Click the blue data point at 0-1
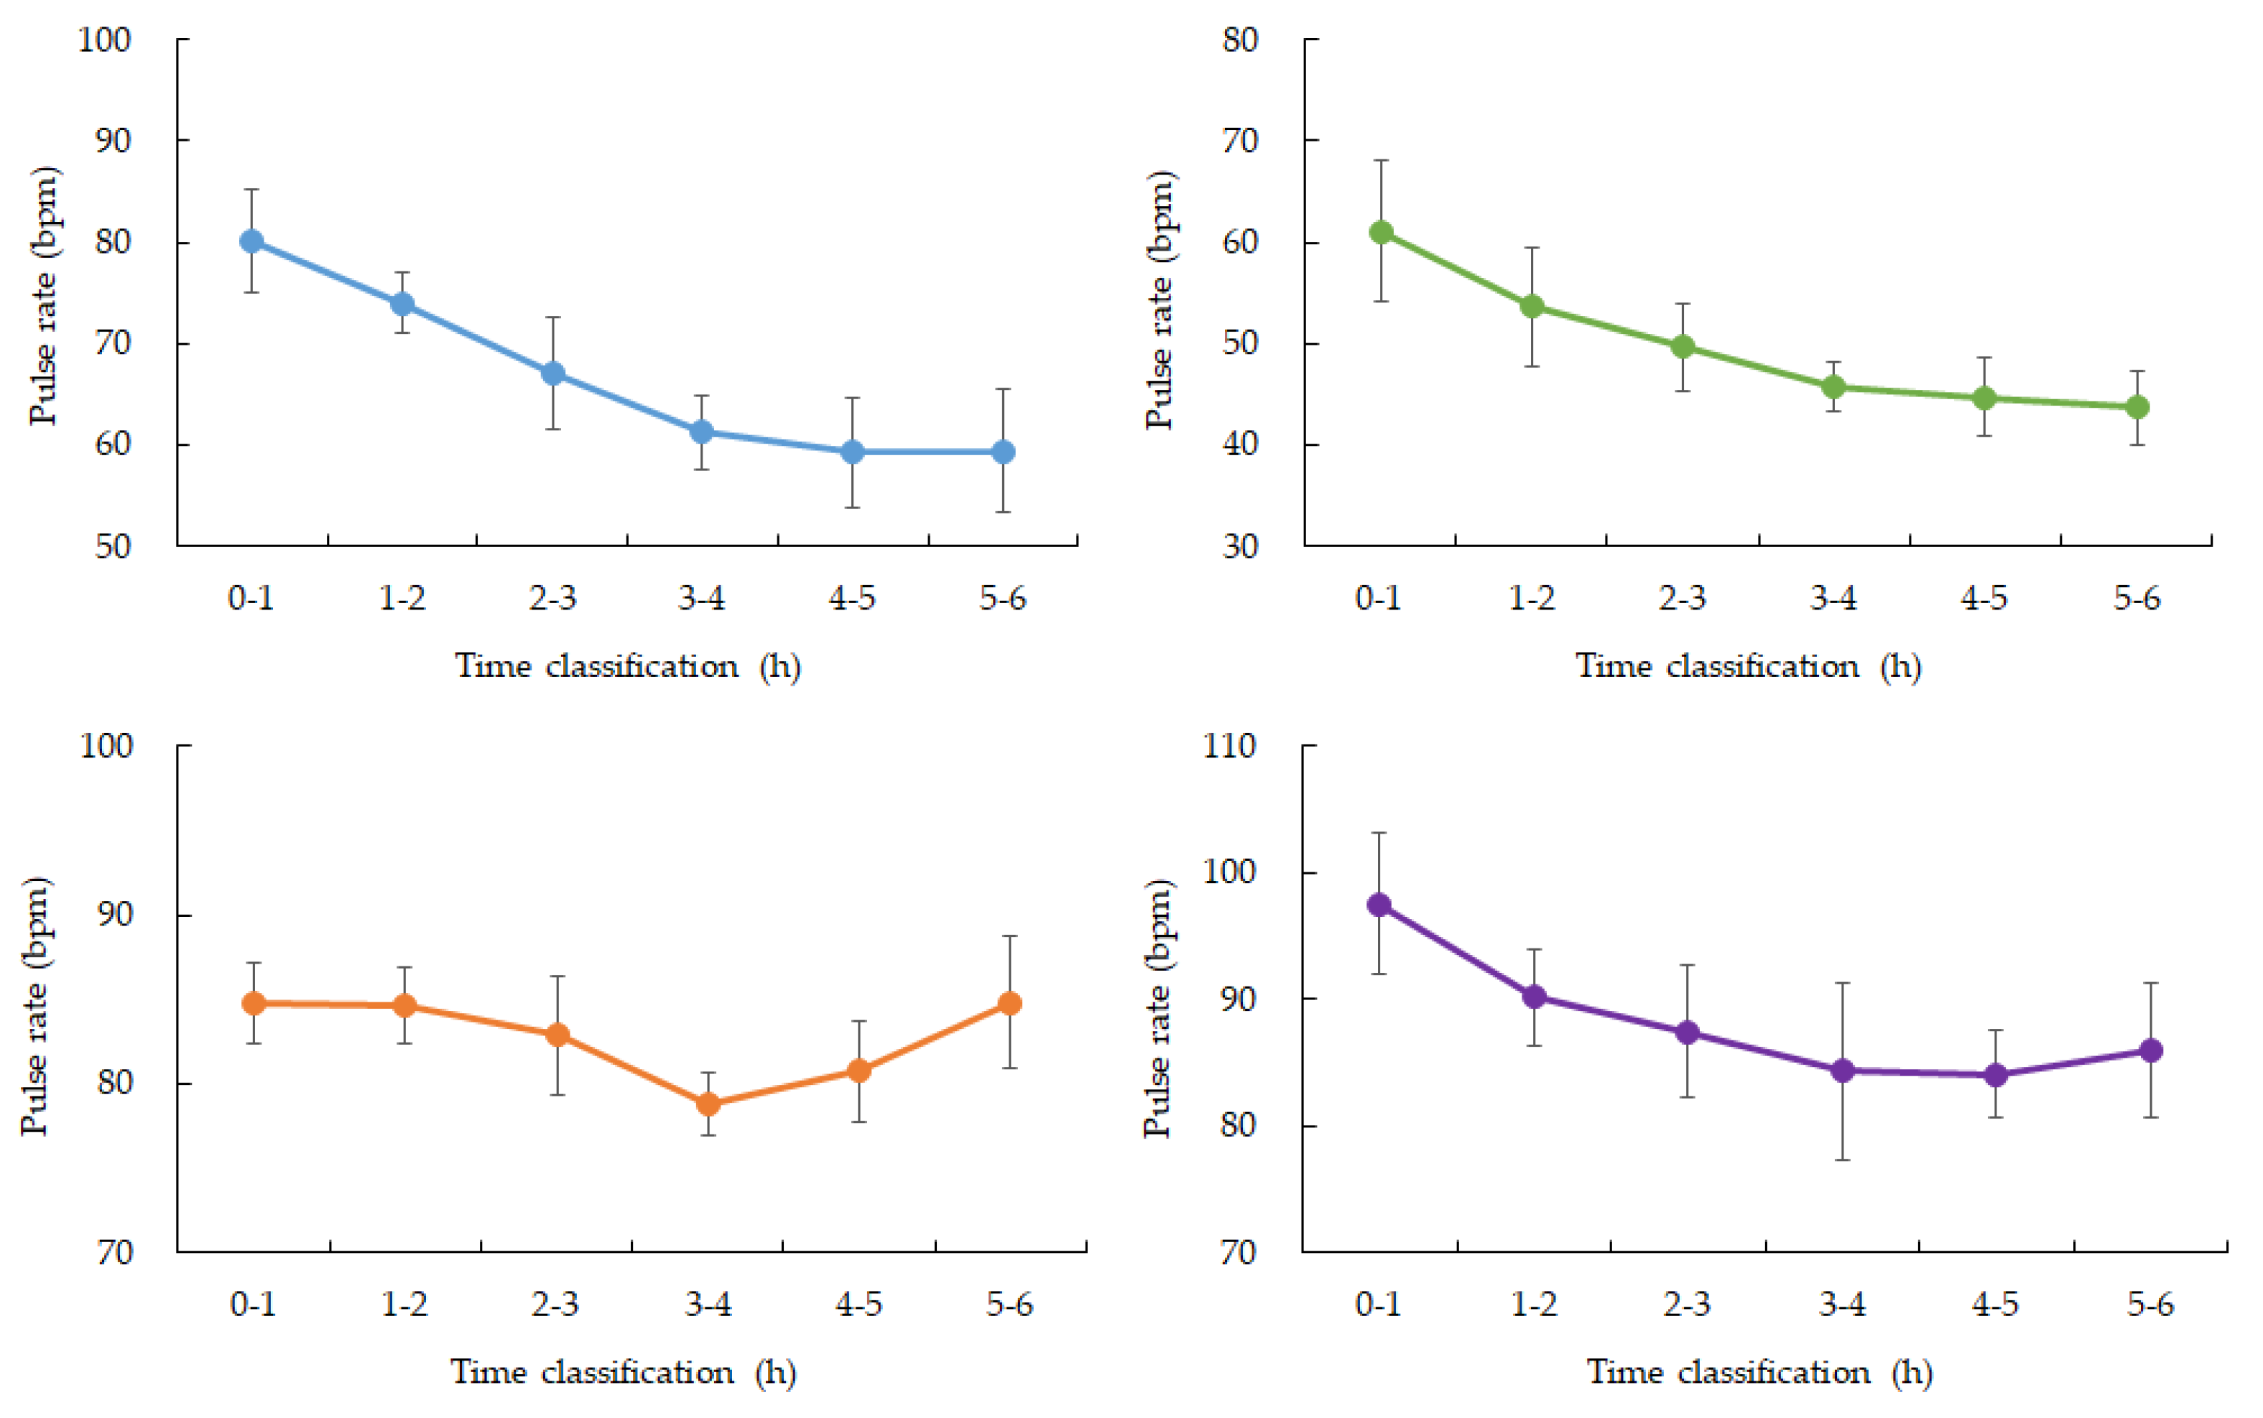(x=251, y=241)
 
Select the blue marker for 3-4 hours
(x=702, y=432)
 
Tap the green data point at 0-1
(x=1381, y=232)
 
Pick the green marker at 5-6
(x=2137, y=407)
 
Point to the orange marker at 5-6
(x=1009, y=1004)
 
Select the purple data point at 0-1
(x=1379, y=904)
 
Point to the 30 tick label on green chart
(x=1240, y=546)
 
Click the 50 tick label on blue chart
(x=113, y=546)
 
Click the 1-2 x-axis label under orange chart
(x=404, y=1304)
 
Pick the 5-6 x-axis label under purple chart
(x=2150, y=1304)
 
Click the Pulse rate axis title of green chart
(x=1160, y=300)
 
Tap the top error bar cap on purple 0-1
(x=1379, y=833)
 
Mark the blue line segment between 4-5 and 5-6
(x=927, y=452)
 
